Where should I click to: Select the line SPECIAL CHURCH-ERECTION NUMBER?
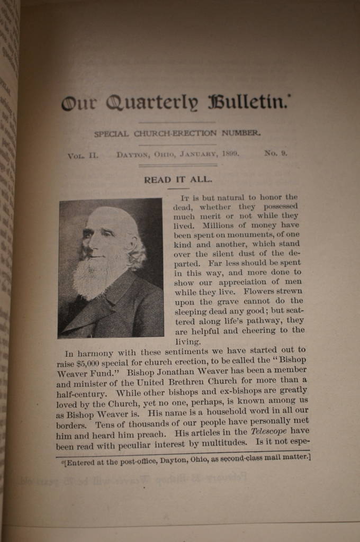pyautogui.click(x=177, y=133)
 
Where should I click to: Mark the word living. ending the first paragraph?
pyautogui.click(x=186, y=342)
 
